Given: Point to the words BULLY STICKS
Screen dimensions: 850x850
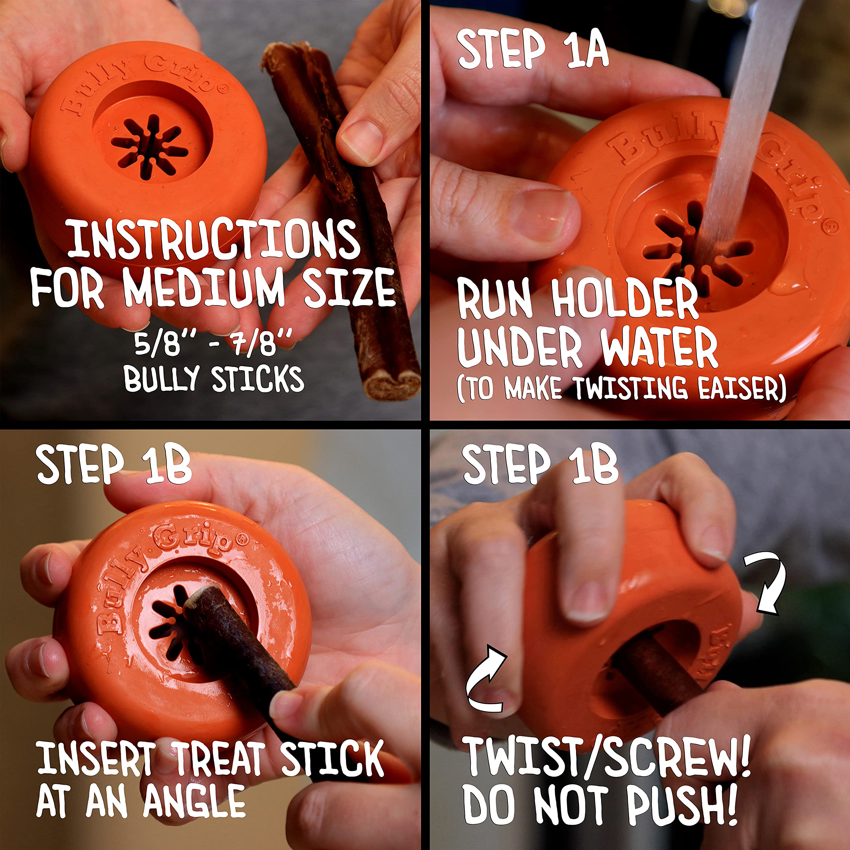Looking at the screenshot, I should pyautogui.click(x=214, y=379).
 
